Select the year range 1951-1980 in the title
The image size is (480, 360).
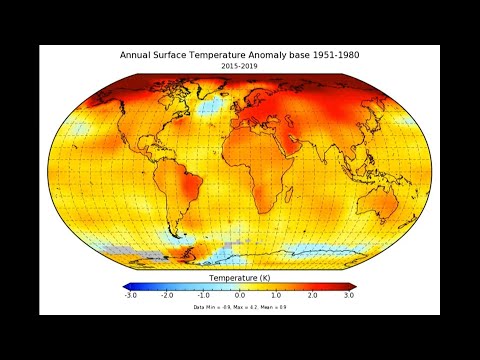(x=332, y=56)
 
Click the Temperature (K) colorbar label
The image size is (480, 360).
(x=239, y=277)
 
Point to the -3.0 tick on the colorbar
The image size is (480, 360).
(x=130, y=296)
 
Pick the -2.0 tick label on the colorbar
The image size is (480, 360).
(x=167, y=296)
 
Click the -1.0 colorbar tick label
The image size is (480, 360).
(x=203, y=296)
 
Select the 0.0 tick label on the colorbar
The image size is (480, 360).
(x=240, y=296)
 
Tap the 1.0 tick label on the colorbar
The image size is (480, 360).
(x=276, y=296)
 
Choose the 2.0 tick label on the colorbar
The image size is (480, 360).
(x=312, y=296)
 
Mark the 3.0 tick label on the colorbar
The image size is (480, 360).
(x=348, y=296)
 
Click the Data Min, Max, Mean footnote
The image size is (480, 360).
(x=239, y=307)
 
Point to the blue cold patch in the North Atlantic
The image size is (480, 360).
(x=211, y=106)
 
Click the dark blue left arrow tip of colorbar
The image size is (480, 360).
(x=125, y=286)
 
